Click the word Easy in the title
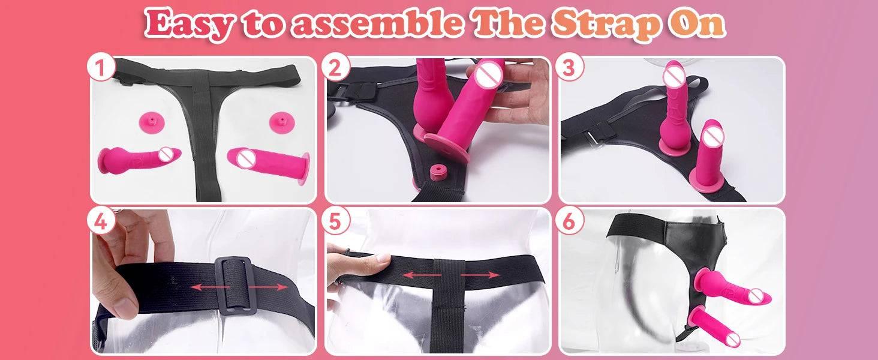[x=187, y=24]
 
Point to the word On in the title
[x=699, y=24]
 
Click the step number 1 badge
[x=101, y=69]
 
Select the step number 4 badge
[x=101, y=221]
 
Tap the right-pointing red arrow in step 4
[x=267, y=287]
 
